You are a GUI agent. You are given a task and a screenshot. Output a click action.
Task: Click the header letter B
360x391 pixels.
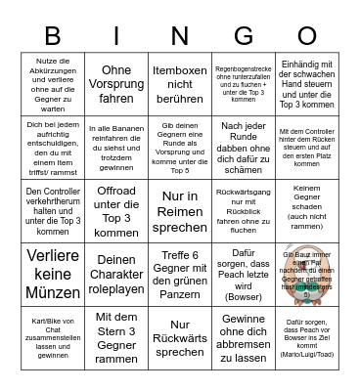point(53,35)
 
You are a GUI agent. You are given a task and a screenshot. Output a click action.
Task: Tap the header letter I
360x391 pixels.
point(116,35)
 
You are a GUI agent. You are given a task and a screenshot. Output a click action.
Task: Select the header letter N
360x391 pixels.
point(180,35)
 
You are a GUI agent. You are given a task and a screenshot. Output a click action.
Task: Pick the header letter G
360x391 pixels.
point(244,35)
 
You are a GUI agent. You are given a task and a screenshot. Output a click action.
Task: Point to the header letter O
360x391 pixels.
point(307,35)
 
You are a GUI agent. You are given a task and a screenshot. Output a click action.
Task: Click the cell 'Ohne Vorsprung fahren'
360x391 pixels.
point(116,83)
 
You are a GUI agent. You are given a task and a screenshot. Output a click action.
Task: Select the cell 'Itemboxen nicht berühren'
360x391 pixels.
point(180,83)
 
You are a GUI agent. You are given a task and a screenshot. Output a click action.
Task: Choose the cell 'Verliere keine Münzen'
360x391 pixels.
point(53,273)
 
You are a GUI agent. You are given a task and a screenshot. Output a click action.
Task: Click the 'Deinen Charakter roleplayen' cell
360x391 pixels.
point(116,273)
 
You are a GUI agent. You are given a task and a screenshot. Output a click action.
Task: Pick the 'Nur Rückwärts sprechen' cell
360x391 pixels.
point(180,336)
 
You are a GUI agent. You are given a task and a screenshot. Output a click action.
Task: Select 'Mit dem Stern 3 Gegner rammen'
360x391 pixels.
point(116,336)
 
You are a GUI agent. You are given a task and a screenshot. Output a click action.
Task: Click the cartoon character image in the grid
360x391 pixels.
point(307,273)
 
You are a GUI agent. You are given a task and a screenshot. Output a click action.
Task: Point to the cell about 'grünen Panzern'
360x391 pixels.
point(180,273)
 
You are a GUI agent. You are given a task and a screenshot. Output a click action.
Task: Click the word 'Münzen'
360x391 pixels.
point(53,292)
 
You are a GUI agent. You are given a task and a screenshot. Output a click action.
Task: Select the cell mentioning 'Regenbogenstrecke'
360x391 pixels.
point(244,83)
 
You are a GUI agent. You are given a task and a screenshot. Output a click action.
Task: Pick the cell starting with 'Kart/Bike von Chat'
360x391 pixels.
point(53,336)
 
